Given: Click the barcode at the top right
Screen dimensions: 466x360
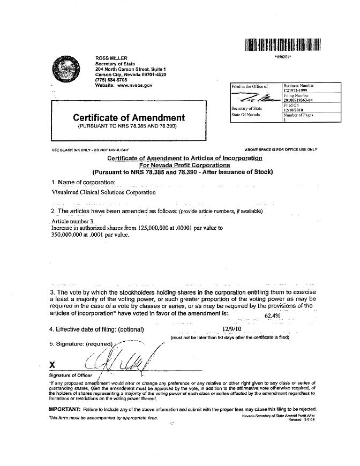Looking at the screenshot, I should click(283, 44).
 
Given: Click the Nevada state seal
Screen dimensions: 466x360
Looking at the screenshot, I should click(66, 71).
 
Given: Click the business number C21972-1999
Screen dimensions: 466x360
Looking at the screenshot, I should click(299, 91).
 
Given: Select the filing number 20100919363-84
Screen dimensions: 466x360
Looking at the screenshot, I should click(303, 100).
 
